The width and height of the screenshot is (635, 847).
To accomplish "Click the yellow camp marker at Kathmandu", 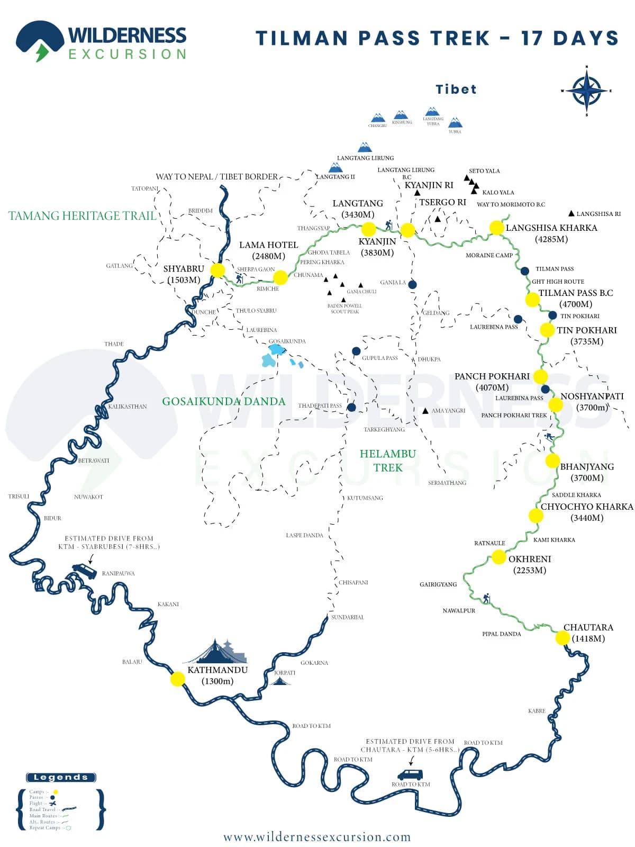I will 178,679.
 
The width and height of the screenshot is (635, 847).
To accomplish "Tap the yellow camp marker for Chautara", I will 563,637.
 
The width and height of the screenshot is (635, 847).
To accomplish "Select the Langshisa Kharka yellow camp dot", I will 496,228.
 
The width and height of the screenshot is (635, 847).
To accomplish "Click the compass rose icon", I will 586,91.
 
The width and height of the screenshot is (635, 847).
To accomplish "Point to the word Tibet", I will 456,89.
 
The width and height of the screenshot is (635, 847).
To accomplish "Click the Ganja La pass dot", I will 412,285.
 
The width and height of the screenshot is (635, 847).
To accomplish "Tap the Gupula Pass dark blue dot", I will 356,351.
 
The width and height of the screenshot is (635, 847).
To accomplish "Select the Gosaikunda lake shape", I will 276,350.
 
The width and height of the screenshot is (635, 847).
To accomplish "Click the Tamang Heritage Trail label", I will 83,216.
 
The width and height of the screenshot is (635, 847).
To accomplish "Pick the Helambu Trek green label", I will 388,461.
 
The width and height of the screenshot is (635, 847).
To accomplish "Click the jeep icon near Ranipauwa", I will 85,571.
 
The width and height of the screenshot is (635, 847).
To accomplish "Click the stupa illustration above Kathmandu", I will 217,652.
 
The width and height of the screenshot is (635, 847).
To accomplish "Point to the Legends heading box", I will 61,777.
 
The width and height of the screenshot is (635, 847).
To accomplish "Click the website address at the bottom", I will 317,837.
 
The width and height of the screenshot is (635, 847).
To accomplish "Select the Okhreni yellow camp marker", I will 498,557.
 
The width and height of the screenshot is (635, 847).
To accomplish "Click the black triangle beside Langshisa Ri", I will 571,213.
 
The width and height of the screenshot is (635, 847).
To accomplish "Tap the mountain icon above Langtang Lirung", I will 365,147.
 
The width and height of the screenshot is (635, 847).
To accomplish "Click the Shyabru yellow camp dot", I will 217,270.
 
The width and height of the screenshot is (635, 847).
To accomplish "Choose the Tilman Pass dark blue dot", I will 524,271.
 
